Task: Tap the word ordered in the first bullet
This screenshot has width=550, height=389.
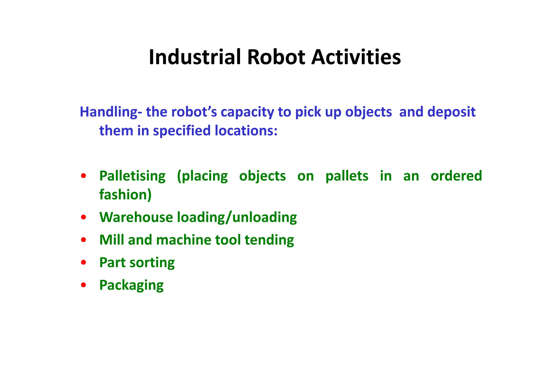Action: click(x=456, y=176)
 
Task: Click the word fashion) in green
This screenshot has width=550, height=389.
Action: click(x=125, y=195)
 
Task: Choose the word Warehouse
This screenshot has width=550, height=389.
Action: click(x=136, y=217)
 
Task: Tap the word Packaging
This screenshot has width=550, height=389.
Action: click(x=131, y=285)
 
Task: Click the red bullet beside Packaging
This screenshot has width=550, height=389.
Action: click(x=84, y=285)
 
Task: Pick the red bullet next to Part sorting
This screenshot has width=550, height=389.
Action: click(x=84, y=262)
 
